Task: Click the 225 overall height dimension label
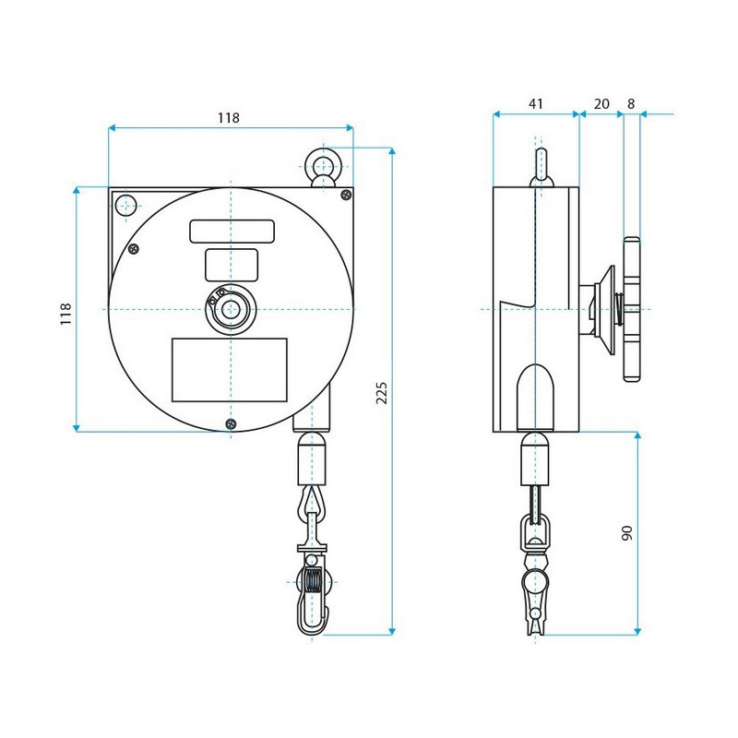coord(382,392)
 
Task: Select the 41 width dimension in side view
coord(536,104)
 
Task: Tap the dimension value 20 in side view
coord(601,104)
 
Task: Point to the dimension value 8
coord(631,104)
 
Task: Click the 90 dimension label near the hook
coord(627,533)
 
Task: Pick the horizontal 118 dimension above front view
coord(228,118)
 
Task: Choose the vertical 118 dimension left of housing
coord(65,313)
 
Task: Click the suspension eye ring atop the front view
coord(323,166)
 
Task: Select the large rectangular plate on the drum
coord(230,370)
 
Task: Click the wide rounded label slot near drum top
coord(232,231)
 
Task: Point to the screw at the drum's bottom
coord(230,423)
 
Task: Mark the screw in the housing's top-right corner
coord(346,194)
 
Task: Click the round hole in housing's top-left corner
coord(125,205)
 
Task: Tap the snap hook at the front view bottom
coord(313,600)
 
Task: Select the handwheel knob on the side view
coord(632,309)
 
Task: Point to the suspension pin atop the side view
coord(542,166)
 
